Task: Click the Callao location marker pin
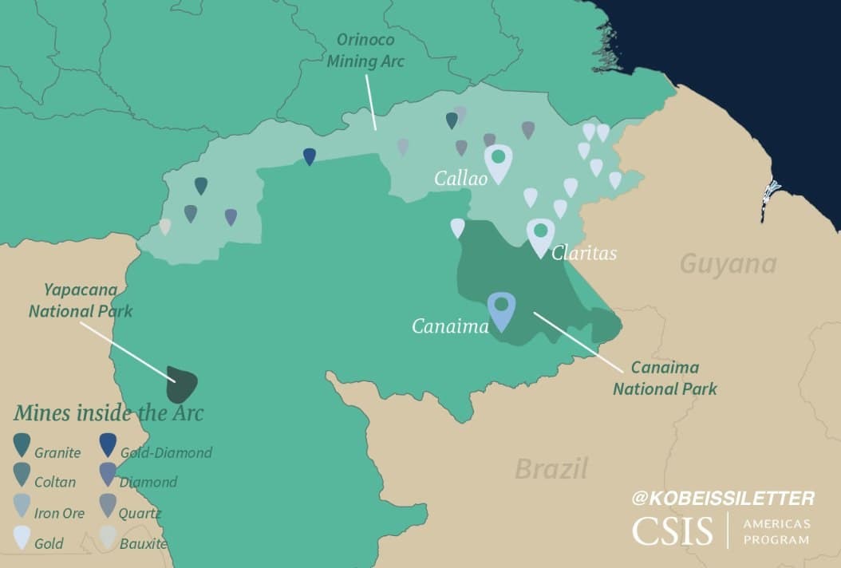(x=498, y=162)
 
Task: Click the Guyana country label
(x=728, y=264)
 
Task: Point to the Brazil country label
(x=551, y=468)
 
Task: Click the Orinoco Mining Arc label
(x=365, y=49)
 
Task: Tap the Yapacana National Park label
(x=81, y=300)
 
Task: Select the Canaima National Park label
(x=665, y=378)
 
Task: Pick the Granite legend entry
(x=47, y=452)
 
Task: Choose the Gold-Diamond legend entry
(x=155, y=452)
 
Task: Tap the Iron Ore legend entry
(x=49, y=513)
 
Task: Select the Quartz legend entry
(x=132, y=513)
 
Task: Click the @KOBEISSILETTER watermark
(x=723, y=499)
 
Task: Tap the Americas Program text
(x=776, y=531)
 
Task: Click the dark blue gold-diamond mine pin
(x=310, y=156)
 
